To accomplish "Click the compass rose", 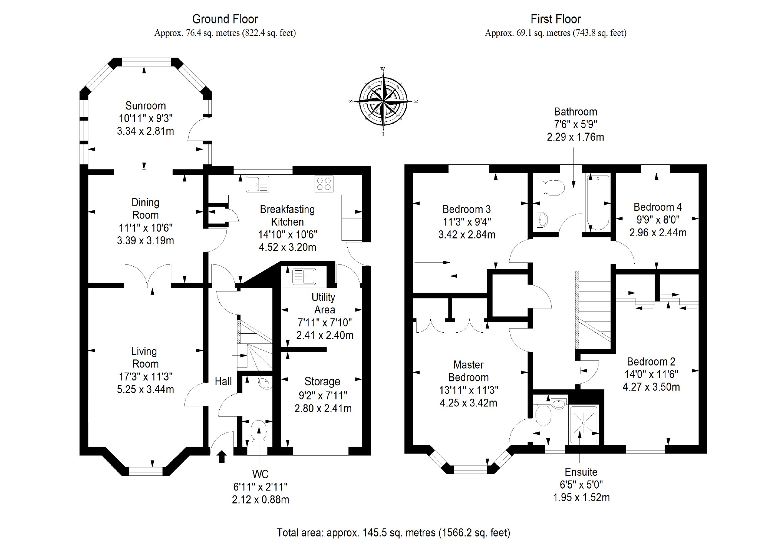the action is [x=383, y=101].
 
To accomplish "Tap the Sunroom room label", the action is [x=146, y=106].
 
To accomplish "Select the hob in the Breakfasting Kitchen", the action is [x=324, y=184].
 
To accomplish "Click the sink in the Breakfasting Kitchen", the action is [x=258, y=184].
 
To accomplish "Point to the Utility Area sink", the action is [x=304, y=276].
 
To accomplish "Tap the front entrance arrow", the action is [x=222, y=457].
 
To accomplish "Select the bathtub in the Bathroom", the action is [x=598, y=203].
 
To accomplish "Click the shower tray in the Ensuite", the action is [x=584, y=424].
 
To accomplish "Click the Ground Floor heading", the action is [x=225, y=19].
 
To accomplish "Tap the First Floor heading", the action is [x=556, y=19].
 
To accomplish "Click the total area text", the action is [x=393, y=533].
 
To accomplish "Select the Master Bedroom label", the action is [x=468, y=371].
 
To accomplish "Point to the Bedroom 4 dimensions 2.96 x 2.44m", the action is [x=658, y=232].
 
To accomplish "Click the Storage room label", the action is [x=322, y=381].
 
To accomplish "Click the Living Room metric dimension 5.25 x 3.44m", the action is [x=146, y=389].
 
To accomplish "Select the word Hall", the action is [x=223, y=381].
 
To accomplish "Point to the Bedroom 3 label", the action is [x=466, y=209].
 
